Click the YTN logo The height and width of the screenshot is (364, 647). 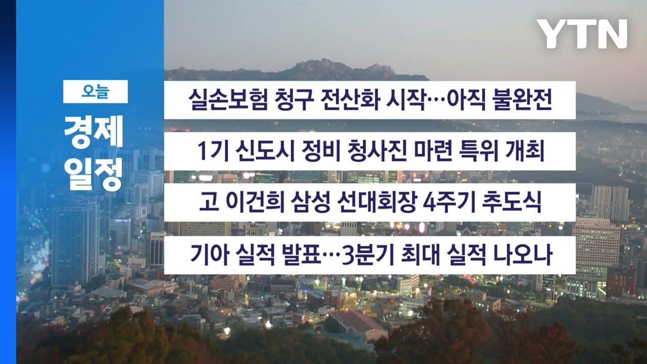(x=581, y=34)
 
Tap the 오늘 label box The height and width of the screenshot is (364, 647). (x=95, y=92)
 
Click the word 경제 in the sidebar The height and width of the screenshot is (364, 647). (x=94, y=133)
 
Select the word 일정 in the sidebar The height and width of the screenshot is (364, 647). (x=94, y=174)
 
